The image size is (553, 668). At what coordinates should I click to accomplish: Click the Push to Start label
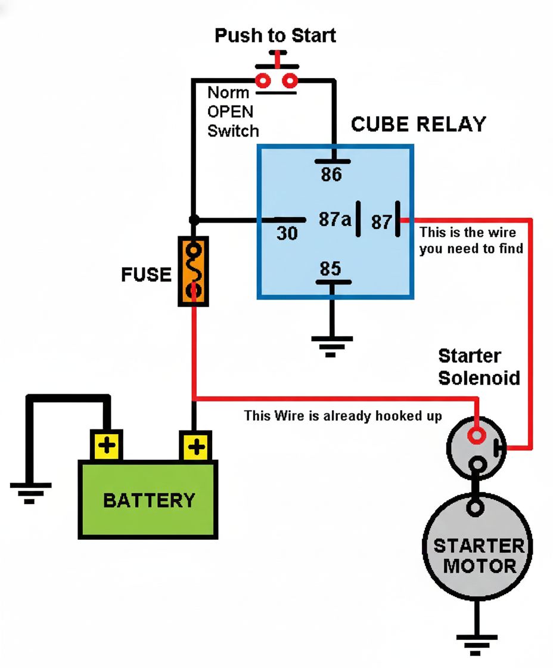point(275,36)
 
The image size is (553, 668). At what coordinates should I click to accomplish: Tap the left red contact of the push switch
point(263,81)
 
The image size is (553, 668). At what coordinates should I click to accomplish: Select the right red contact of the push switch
point(290,81)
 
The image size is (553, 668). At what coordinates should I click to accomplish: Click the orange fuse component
point(193,271)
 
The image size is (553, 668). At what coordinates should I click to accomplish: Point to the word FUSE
point(146,274)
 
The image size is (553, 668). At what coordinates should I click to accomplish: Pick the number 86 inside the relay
point(331,175)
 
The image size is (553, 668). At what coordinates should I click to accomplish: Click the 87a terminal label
point(335,219)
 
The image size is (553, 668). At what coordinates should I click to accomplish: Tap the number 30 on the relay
point(287,233)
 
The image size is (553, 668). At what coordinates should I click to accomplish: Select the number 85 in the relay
point(330,269)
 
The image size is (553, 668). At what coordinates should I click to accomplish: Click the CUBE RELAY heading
point(418,125)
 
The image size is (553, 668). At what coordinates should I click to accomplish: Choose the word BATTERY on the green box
point(149,500)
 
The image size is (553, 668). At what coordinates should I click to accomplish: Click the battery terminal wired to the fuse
point(196,447)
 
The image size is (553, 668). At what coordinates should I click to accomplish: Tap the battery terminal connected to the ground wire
point(107,446)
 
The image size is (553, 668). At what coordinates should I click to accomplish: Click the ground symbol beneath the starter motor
point(476,645)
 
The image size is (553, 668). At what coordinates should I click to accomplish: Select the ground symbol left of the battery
point(30,493)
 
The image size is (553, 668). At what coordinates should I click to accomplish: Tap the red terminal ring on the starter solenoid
point(476,435)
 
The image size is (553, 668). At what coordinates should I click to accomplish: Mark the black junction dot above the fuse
point(194,220)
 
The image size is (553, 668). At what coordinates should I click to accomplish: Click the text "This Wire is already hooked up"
point(343,416)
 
